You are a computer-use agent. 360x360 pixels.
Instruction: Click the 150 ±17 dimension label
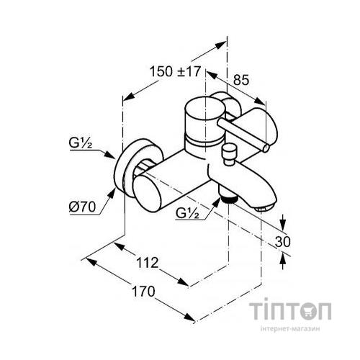pos(175,72)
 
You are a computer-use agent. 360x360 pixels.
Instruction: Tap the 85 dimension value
pos(241,80)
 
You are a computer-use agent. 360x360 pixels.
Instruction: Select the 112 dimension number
pos(148,263)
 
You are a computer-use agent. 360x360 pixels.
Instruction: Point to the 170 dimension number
pos(143,292)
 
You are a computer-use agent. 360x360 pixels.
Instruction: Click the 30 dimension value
pos(283,242)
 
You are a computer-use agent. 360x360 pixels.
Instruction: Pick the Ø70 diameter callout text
pos(82,207)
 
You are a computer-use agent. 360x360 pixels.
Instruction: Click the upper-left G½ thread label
pos(81,143)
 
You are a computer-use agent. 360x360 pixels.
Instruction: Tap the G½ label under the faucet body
pos(187,213)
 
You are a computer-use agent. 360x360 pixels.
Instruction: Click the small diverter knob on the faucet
pos(229,154)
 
